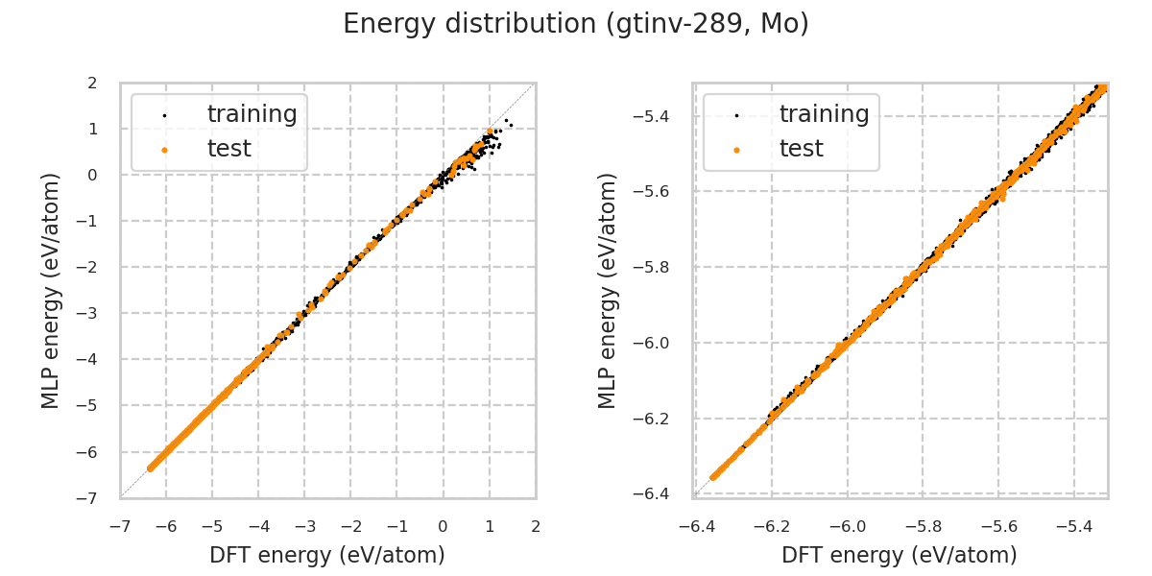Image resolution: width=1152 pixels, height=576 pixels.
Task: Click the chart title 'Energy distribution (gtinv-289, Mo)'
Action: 576,24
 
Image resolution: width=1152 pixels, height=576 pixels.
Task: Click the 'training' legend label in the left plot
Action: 252,114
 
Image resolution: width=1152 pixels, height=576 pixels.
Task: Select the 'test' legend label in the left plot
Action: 228,149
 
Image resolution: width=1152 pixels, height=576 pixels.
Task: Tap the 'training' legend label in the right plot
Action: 824,114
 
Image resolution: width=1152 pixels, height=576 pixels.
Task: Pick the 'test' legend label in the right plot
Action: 801,149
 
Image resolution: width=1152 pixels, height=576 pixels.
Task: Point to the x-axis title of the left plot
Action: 327,555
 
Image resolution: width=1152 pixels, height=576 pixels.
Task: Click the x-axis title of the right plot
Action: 900,555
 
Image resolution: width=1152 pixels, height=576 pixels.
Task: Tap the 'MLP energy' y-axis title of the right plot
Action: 609,290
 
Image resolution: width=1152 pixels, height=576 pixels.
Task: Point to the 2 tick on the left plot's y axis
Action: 92,83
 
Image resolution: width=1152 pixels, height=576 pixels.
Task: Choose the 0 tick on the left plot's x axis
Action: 443,526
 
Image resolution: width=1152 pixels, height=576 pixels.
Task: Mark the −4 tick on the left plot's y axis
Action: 88,359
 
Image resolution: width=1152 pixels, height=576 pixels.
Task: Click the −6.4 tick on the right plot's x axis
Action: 695,526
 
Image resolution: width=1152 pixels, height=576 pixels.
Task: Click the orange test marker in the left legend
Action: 163,150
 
